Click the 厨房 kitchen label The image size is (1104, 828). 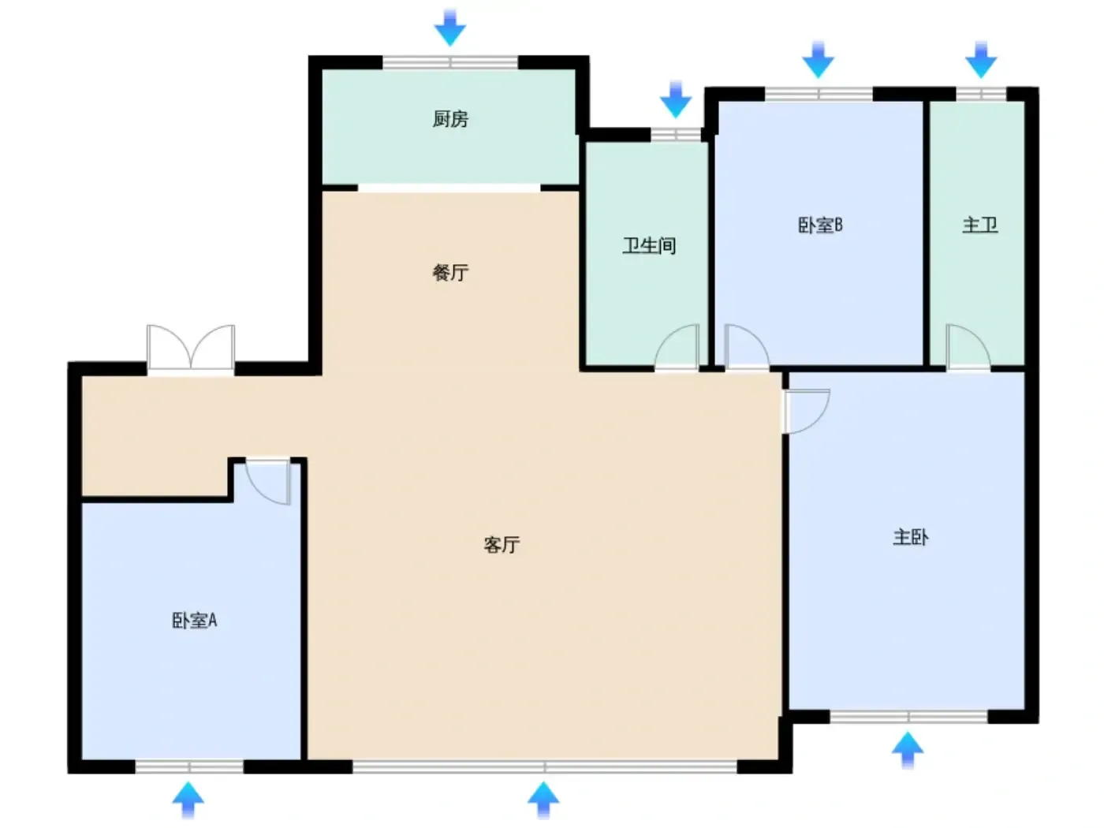tap(450, 119)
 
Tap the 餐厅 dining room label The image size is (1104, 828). tap(450, 273)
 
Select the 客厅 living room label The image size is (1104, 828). tap(502, 544)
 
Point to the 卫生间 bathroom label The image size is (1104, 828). tap(649, 246)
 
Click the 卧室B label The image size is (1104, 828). tap(820, 225)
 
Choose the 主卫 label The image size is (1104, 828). tap(979, 225)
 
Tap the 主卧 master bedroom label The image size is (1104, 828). tap(910, 538)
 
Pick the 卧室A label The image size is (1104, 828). tap(194, 621)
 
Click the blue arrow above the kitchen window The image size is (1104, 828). tap(449, 28)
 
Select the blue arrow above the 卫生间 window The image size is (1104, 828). tap(676, 99)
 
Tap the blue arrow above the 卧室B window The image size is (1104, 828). tap(818, 59)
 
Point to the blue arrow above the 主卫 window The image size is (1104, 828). tap(981, 59)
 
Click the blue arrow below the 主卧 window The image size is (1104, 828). tap(908, 751)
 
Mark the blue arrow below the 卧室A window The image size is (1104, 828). tap(188, 800)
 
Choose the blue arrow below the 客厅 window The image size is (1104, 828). tap(543, 800)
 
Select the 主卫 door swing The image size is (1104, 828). tap(968, 347)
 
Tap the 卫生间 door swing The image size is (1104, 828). tap(677, 347)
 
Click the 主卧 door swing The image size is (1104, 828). tap(806, 411)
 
